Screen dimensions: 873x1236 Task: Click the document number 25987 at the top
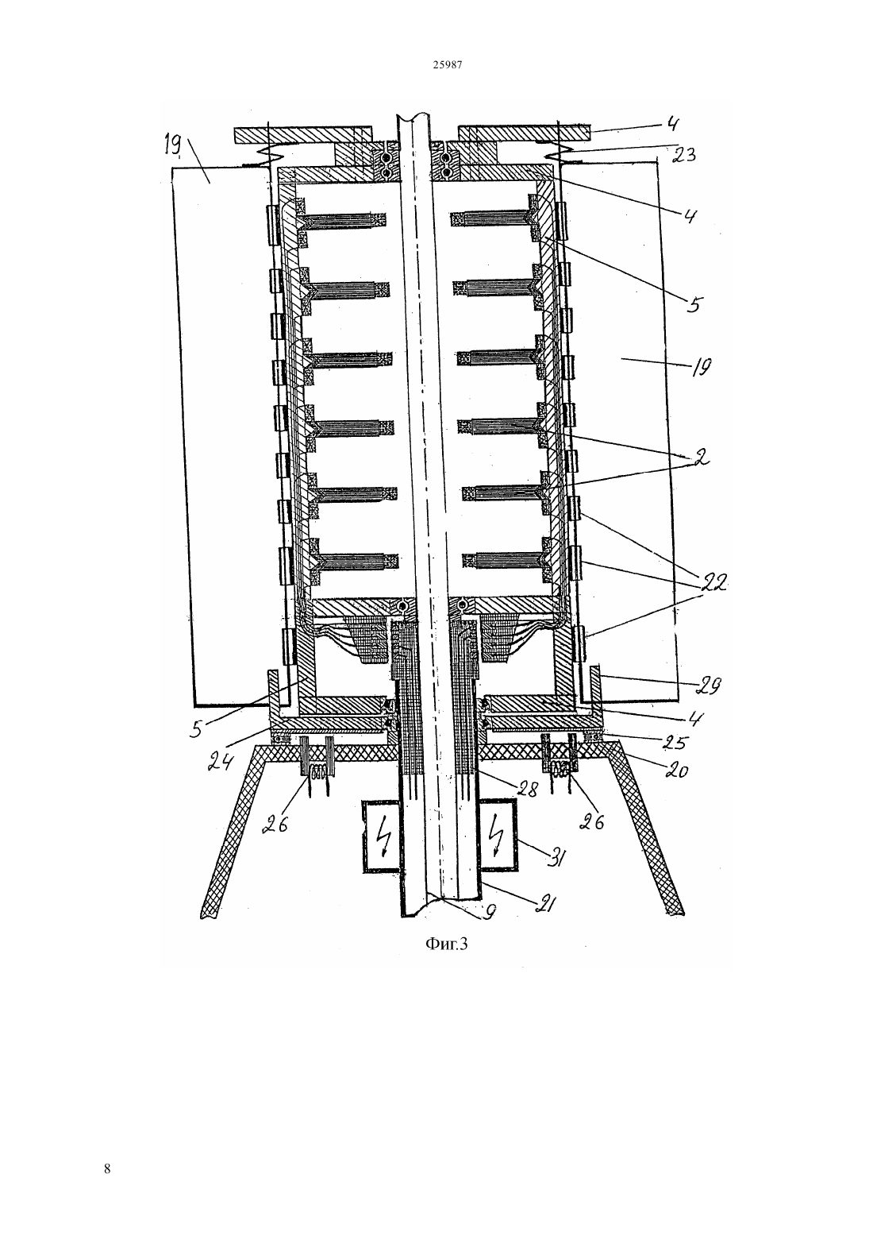point(447,65)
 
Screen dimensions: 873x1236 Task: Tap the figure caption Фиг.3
point(446,944)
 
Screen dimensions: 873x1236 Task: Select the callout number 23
point(683,155)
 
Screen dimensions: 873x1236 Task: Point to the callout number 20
point(675,770)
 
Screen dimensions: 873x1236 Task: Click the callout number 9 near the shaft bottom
point(490,913)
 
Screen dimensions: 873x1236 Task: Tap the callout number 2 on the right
point(700,458)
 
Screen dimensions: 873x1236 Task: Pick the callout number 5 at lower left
point(197,729)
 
